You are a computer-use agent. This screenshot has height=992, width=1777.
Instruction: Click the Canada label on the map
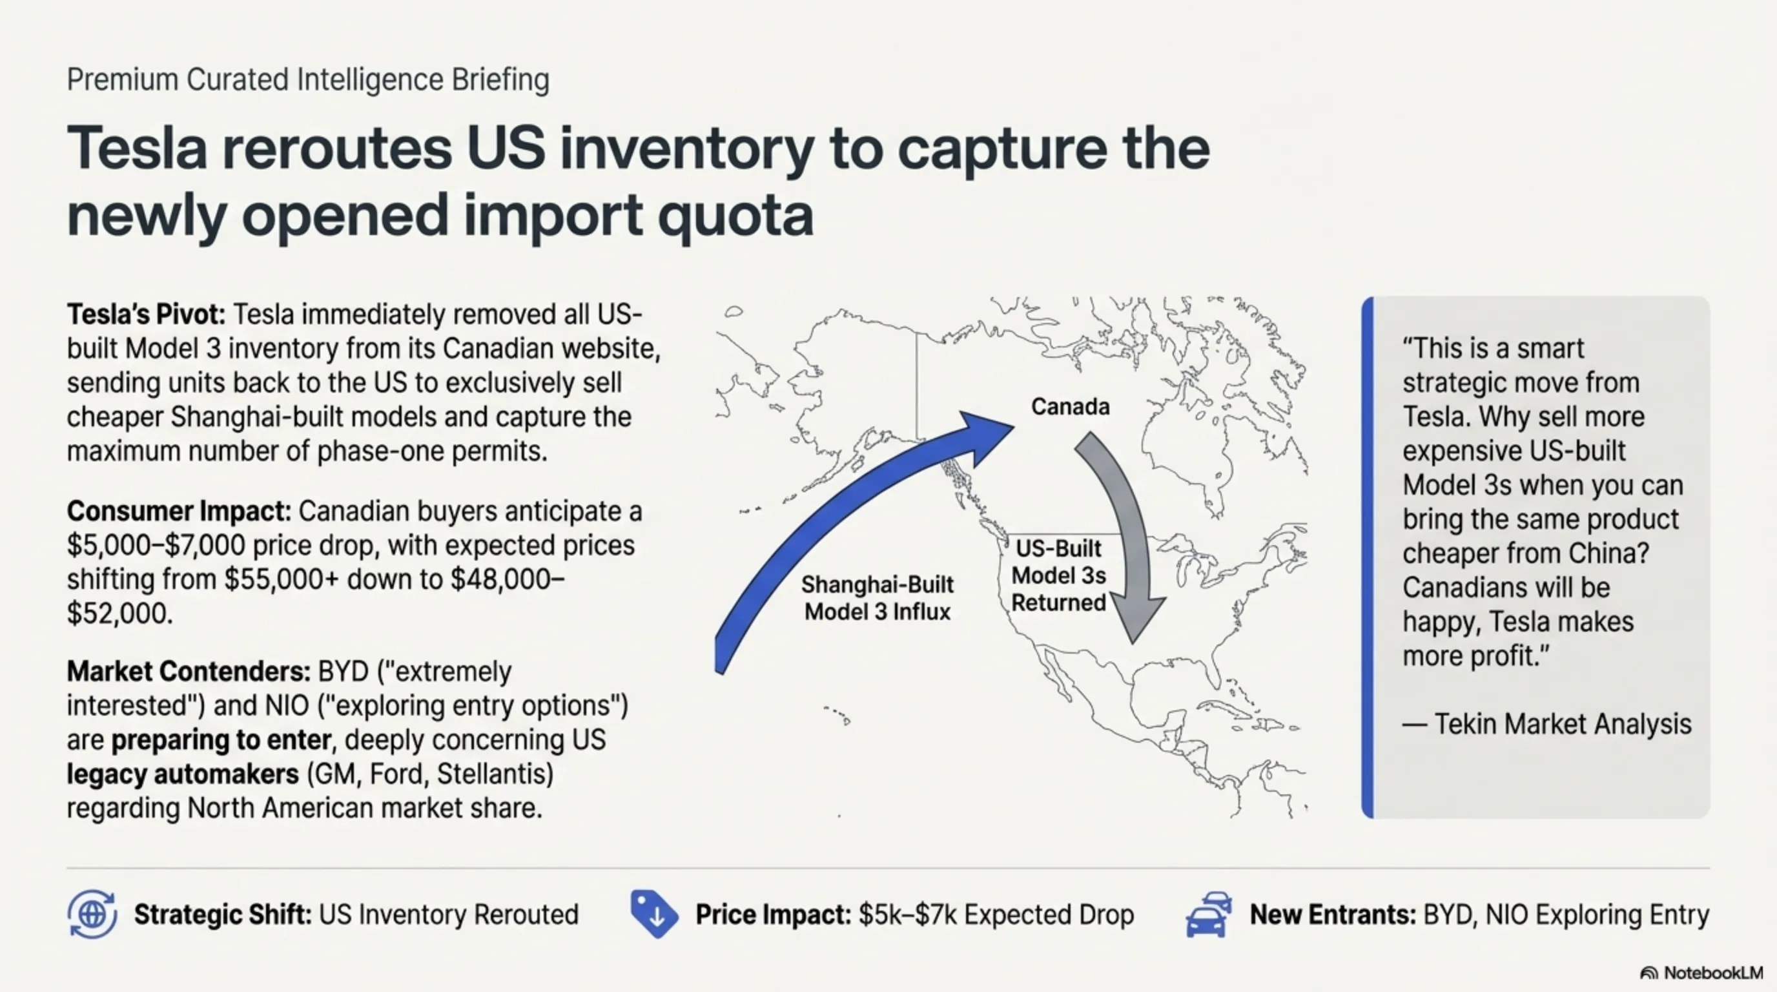[1070, 406]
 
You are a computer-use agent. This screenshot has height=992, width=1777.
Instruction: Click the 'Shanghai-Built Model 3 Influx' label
[877, 598]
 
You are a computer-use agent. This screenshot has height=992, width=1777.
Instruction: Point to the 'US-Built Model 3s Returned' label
[1059, 575]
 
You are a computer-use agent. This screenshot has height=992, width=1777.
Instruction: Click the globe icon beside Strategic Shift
[92, 914]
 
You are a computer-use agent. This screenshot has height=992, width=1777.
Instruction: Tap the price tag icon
[654, 914]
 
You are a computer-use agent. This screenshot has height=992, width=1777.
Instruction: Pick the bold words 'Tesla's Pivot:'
[146, 315]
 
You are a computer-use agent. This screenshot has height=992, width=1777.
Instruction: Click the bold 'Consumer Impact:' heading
[179, 511]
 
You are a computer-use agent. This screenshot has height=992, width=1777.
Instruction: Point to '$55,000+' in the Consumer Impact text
[282, 579]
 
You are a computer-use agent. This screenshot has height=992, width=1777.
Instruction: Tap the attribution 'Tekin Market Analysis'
[1563, 725]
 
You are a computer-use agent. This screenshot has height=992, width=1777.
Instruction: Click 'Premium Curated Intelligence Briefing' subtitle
[307, 79]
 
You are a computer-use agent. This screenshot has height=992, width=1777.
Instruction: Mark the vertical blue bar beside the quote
[1367, 557]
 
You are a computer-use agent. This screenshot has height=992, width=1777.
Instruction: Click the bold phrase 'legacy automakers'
[183, 774]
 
